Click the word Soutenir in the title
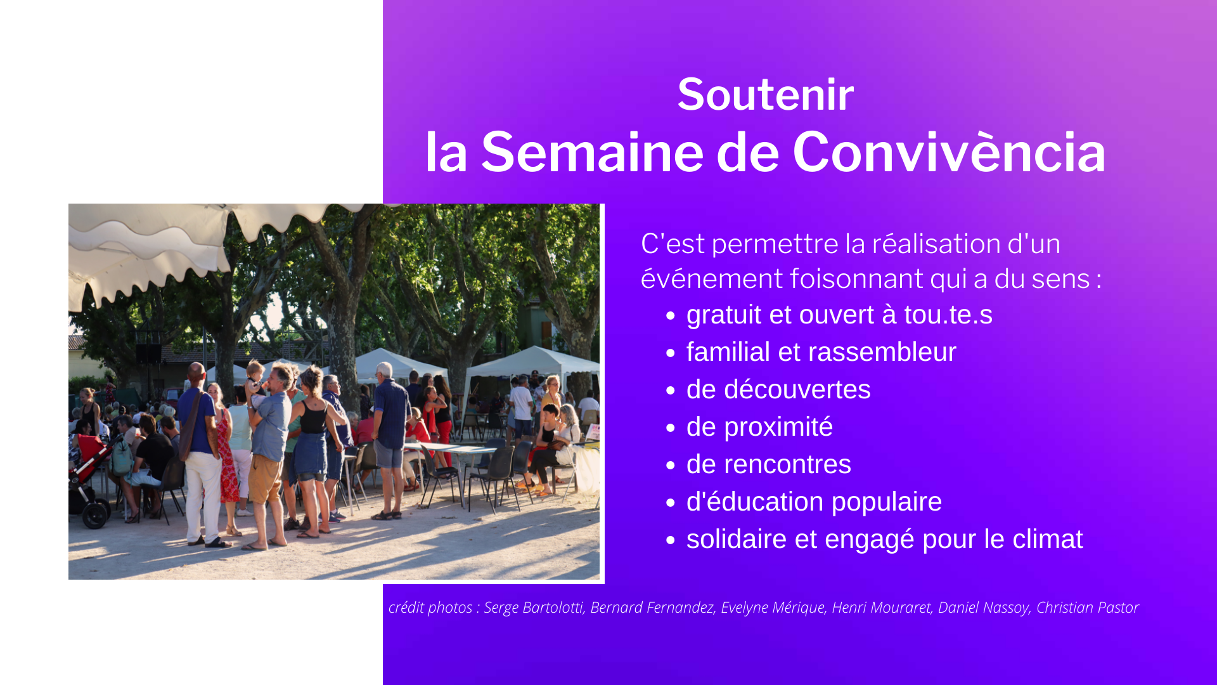tap(766, 95)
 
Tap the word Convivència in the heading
tap(950, 152)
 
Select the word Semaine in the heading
tap(593, 152)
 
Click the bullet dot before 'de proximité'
tap(671, 428)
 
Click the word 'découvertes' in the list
tap(797, 389)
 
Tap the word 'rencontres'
tap(787, 465)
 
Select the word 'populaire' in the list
tap(887, 502)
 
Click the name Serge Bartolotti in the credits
tap(533, 608)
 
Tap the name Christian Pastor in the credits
tap(1088, 608)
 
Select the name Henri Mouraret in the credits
tap(881, 608)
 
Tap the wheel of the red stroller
tap(95, 515)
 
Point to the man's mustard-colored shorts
tap(265, 479)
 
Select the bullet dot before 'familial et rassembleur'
tap(671, 353)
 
